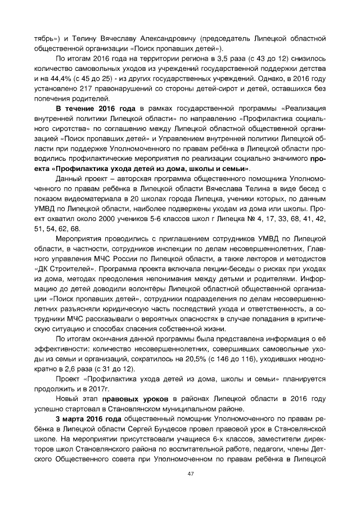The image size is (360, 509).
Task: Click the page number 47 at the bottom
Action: (180, 474)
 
